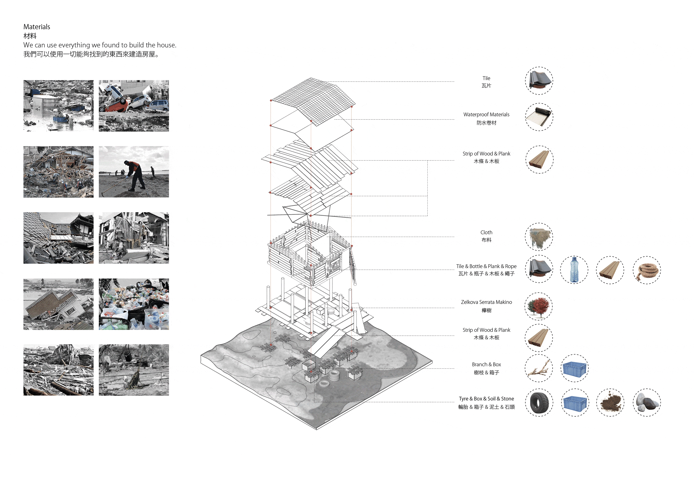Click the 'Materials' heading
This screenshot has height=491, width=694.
coord(37,27)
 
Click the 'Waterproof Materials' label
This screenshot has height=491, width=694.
coord(486,115)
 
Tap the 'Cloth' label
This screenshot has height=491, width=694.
coord(486,232)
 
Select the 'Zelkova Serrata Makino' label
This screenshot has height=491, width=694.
coord(486,302)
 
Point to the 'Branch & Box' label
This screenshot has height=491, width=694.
coord(486,364)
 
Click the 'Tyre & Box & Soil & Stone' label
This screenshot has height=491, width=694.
coord(486,399)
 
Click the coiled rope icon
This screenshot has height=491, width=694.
coord(647,270)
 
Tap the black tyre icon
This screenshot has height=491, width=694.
coord(539,402)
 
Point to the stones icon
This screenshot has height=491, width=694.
coord(647,402)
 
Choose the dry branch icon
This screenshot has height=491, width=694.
coord(539,369)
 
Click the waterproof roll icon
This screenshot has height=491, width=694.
coord(539,117)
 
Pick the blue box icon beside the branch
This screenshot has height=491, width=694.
coord(574,369)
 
